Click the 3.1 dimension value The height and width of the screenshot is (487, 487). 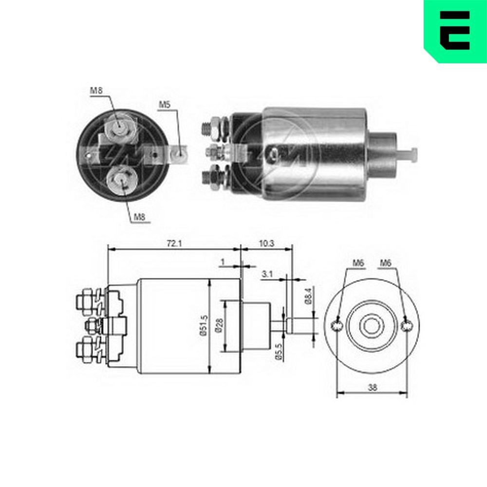(x=266, y=275)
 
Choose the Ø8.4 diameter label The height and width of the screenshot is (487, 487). (x=309, y=296)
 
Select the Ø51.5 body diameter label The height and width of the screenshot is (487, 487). (x=201, y=325)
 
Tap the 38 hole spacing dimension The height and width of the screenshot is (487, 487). (x=373, y=388)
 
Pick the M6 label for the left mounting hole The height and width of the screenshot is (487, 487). (x=358, y=263)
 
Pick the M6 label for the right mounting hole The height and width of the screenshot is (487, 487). (x=386, y=263)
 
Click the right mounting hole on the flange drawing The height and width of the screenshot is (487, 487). (x=408, y=326)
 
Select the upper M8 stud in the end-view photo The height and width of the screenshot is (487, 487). (x=119, y=128)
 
